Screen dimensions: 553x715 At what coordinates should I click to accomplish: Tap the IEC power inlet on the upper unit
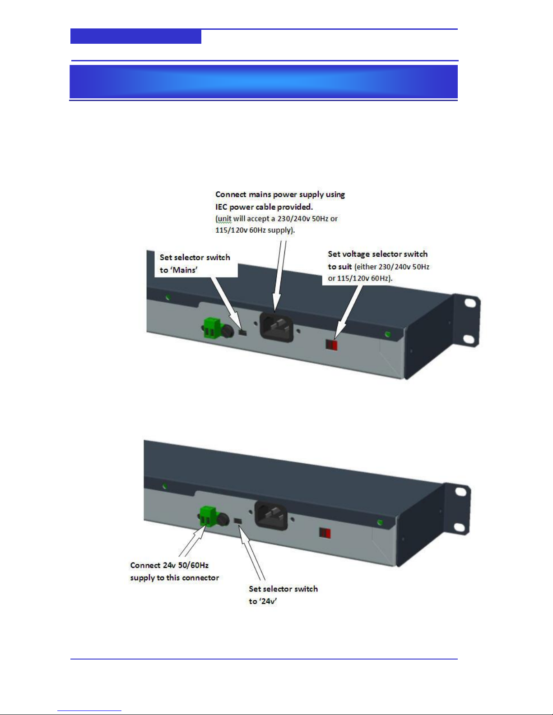coord(276,327)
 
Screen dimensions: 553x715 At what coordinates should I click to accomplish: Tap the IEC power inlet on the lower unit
coord(271,516)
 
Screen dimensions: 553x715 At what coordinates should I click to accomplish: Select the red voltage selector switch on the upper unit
coord(332,345)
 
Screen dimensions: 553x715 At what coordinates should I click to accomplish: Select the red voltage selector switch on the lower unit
coord(325,533)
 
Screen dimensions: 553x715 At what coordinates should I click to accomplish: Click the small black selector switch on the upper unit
coord(242,332)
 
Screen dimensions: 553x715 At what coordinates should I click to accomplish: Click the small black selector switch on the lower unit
coord(238,521)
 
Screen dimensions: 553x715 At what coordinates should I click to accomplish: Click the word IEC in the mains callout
coord(221,207)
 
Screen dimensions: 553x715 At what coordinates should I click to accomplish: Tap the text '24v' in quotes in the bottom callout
coord(268,601)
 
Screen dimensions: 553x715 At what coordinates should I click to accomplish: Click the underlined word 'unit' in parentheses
coord(224,219)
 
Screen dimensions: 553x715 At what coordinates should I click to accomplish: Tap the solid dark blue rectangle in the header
coord(135,36)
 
